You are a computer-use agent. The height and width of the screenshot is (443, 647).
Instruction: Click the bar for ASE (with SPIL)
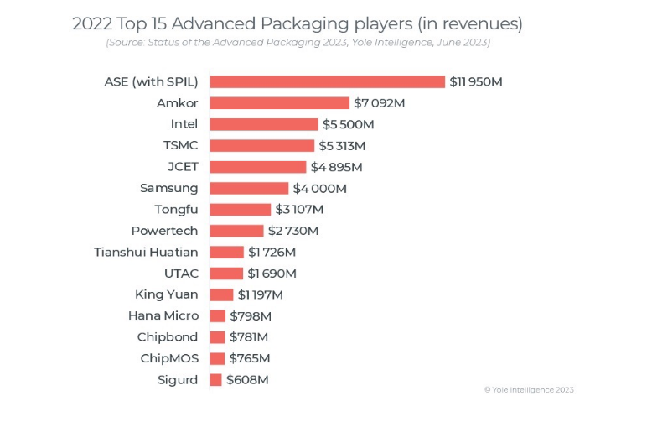(327, 81)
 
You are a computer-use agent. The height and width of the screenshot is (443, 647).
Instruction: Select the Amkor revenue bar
(279, 103)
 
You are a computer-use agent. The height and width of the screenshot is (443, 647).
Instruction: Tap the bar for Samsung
(249, 188)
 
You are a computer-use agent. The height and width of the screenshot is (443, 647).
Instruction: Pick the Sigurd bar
(216, 380)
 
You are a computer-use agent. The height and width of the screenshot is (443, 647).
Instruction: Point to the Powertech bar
(236, 231)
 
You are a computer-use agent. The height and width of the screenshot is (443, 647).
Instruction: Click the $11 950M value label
(475, 81)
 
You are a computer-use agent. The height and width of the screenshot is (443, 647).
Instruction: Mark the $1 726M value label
(272, 252)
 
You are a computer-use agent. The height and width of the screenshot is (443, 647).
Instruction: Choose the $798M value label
(251, 316)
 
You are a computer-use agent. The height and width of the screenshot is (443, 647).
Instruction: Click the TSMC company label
(180, 145)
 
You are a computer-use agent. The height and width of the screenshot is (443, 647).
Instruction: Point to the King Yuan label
(166, 294)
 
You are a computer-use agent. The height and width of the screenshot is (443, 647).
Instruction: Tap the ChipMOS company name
(169, 358)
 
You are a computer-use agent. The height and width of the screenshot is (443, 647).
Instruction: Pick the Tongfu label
(176, 209)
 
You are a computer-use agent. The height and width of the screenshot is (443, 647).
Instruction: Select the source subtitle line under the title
(298, 42)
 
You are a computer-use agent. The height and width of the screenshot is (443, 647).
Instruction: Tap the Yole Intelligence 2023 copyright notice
(529, 389)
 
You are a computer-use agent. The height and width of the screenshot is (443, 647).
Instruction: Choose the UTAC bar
(226, 274)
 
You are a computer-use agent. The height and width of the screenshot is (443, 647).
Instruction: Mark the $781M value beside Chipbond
(249, 337)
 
